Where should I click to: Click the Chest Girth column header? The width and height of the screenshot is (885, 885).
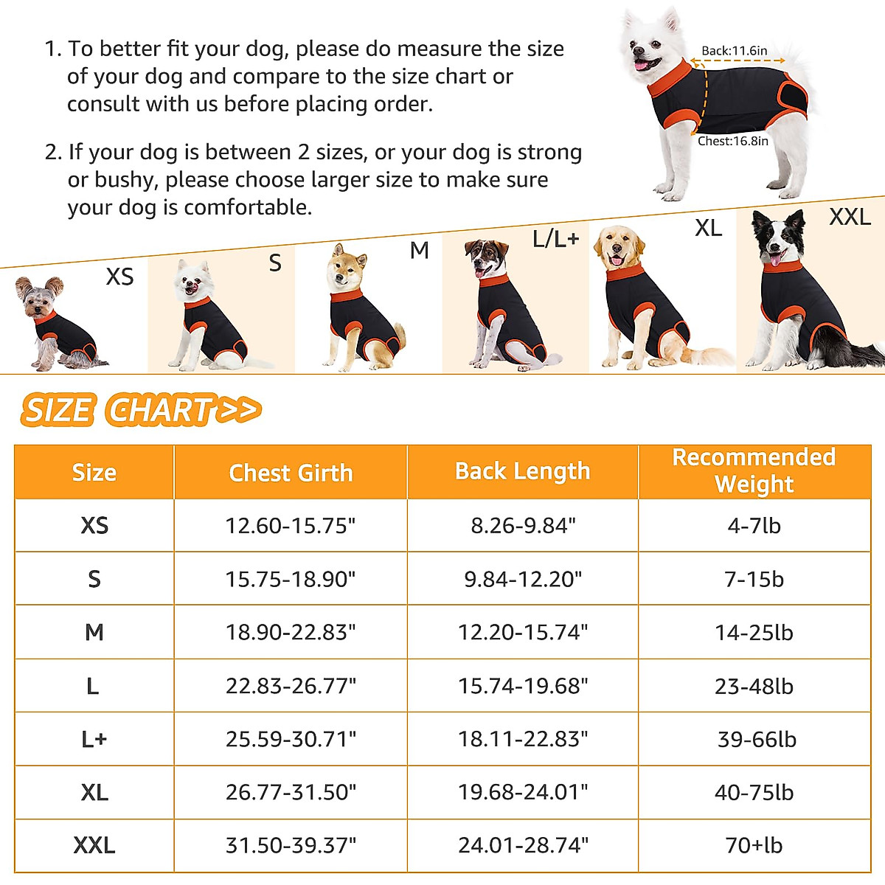[291, 473]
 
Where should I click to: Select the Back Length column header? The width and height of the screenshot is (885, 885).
[522, 471]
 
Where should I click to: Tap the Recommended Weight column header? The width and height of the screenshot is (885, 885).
[754, 471]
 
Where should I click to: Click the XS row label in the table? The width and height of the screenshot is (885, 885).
[94, 526]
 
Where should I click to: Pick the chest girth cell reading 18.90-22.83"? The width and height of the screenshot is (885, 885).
[291, 633]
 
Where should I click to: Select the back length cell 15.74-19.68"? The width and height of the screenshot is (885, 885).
[522, 686]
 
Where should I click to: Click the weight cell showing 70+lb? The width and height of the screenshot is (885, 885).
[754, 845]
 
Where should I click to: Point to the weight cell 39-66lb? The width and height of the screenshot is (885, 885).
[757, 739]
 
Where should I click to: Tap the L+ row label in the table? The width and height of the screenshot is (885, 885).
[94, 739]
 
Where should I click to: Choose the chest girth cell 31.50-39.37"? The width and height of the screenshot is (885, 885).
[291, 845]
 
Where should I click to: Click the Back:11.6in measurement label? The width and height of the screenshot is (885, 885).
[734, 51]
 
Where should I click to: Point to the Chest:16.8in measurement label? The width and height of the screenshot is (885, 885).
[733, 141]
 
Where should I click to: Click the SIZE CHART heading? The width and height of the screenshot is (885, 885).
[140, 410]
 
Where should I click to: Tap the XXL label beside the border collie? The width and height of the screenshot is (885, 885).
[850, 217]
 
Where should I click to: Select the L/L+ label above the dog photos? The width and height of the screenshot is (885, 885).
[556, 239]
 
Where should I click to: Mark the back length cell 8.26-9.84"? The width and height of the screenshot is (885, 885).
[522, 526]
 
